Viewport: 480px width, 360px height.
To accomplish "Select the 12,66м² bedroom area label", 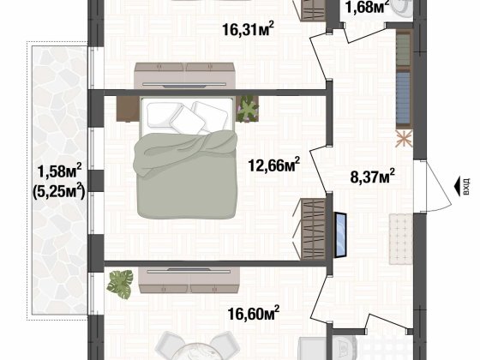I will tap(273, 164).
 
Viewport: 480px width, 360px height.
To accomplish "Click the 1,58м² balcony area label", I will tap(58, 170).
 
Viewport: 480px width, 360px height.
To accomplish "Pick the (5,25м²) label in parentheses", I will tap(58, 190).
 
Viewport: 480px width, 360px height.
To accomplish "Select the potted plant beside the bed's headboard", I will tap(249, 107).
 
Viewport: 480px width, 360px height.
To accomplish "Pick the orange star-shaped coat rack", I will tap(403, 138).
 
